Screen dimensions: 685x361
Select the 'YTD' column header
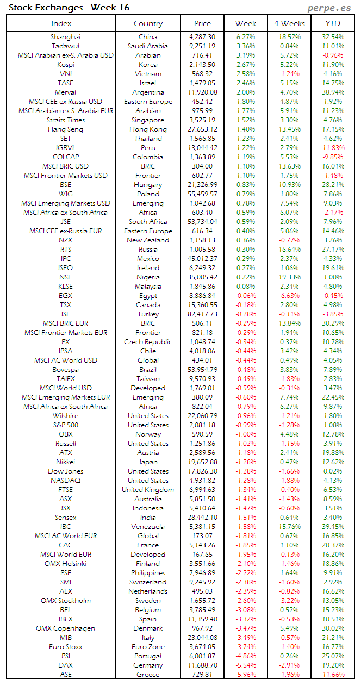coord(333,23)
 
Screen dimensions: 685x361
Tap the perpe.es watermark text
coord(329,8)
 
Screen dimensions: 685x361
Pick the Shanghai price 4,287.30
coord(203,37)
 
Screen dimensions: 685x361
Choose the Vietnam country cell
coord(148,74)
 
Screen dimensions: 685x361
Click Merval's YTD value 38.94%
coord(333,92)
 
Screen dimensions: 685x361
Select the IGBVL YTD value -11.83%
coord(333,148)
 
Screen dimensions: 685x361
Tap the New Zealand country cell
coord(148,240)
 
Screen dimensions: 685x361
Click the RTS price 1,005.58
coord(203,250)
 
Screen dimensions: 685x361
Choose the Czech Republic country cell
coord(148,342)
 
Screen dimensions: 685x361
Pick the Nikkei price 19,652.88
coord(203,462)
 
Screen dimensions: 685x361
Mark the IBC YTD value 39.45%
coord(333,527)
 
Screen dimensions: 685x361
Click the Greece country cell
coord(148,675)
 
